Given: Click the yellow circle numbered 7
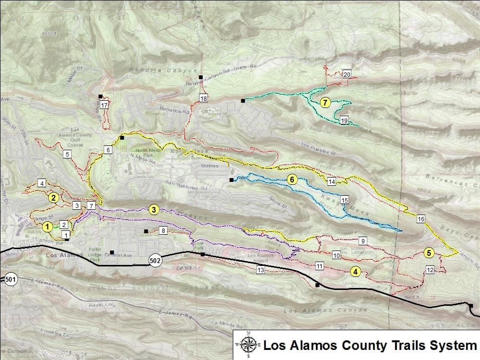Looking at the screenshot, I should pos(325,102).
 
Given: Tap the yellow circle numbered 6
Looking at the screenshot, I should pos(291,180).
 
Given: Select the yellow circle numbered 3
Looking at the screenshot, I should pos(154,210).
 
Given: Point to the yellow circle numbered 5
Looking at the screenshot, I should pos(429,252).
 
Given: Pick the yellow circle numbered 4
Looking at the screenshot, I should pos(355,272).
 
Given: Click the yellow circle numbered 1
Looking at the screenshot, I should pos(48,226).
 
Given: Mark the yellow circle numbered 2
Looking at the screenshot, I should pos(54,197).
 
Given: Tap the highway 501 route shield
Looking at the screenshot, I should pos(10,278).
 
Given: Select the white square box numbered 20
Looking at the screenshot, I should pos(347,74).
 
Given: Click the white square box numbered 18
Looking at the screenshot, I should pos(204,99).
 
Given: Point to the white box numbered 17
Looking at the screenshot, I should pos(104,105).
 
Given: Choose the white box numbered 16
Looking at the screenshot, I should pos(421,219).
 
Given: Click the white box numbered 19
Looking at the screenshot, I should pos(344,120).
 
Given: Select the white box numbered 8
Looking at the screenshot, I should pos(163,231).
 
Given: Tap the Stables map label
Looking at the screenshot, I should pos(210,166).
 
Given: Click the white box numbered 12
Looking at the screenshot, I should pos(430,270).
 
